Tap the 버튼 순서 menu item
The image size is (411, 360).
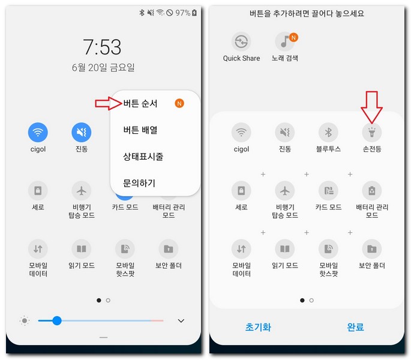click(x=140, y=103)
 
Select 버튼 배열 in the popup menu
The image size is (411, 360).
click(x=140, y=130)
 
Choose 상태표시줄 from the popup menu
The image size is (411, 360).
click(x=143, y=157)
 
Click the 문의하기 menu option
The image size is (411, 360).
click(x=140, y=182)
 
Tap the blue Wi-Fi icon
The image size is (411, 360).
click(x=38, y=132)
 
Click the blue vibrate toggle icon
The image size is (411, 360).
click(x=82, y=132)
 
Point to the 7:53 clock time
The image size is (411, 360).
click(x=102, y=47)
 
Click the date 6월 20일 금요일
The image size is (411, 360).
click(x=103, y=68)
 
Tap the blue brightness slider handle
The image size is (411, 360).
click(x=57, y=320)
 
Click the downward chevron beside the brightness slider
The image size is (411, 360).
click(x=181, y=321)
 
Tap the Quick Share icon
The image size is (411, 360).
click(x=241, y=42)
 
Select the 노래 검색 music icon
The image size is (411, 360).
click(x=284, y=42)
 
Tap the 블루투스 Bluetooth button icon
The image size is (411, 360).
click(x=328, y=132)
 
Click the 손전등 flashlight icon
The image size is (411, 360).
click(x=371, y=132)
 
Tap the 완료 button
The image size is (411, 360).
click(x=355, y=327)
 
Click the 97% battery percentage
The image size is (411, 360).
click(x=182, y=13)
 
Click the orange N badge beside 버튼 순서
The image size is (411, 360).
click(x=179, y=103)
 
